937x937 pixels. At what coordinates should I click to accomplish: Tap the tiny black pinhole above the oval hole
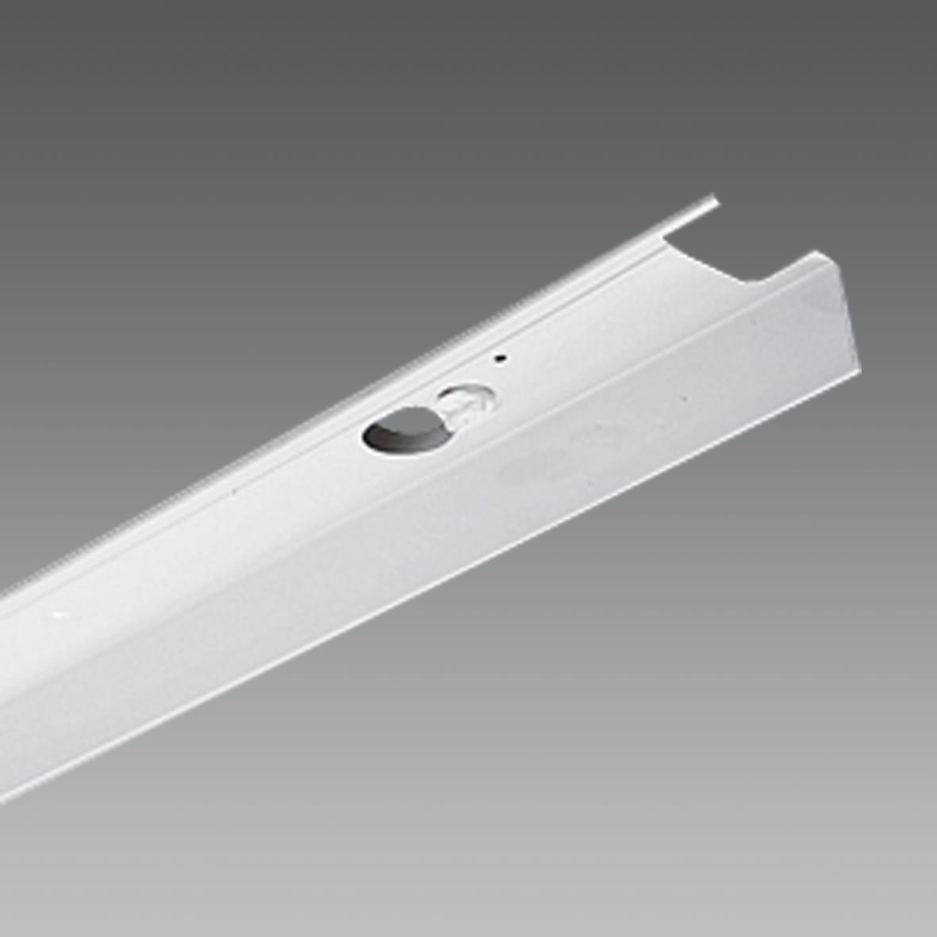[x=497, y=359]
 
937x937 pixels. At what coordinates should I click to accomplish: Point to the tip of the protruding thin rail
[x=716, y=200]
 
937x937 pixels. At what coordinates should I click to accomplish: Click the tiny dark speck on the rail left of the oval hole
[x=235, y=498]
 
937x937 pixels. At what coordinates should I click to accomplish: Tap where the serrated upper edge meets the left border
[x=2, y=592]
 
